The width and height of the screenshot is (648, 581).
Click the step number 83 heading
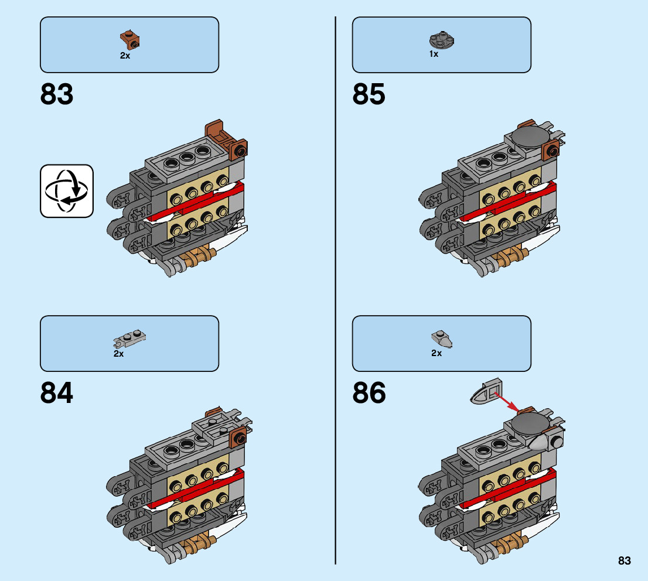pos(57,94)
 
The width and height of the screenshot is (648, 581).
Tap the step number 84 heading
pos(57,393)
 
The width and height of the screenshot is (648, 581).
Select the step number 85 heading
pos(369,94)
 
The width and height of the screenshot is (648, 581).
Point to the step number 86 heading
pos(369,393)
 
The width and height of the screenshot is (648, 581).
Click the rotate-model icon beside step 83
pos(67,191)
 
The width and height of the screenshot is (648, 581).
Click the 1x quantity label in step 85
pos(434,54)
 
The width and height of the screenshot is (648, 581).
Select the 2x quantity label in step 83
pos(125,56)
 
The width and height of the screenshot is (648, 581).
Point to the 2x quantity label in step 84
pos(119,354)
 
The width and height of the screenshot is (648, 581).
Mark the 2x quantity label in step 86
pos(436,353)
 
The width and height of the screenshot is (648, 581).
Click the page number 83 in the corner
pos(624,561)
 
